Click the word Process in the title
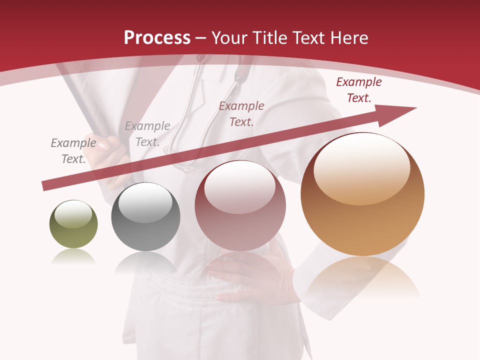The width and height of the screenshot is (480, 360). point(157,37)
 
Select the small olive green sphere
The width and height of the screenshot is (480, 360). point(73,224)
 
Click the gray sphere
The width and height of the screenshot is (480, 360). point(145,217)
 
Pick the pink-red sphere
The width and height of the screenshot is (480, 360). point(240,205)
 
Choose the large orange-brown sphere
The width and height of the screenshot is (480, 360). point(362,194)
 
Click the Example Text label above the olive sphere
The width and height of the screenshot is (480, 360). point(73,150)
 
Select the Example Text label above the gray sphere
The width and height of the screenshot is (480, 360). point(147,133)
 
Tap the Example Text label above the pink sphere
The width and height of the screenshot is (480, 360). point(241,113)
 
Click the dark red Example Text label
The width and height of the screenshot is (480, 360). point(358,90)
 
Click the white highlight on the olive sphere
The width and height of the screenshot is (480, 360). point(73,214)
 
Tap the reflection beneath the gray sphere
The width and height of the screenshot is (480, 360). point(145,262)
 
